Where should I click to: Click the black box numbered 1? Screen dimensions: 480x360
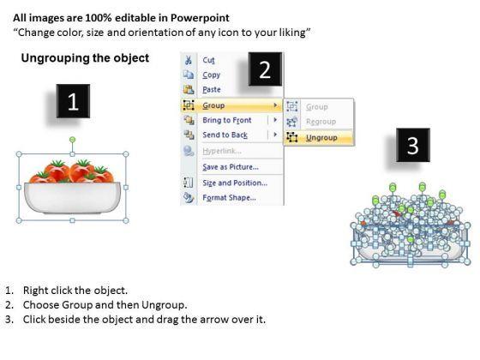click(73, 101)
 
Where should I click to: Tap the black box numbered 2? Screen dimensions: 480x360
click(265, 69)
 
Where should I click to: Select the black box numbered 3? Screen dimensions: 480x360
click(413, 145)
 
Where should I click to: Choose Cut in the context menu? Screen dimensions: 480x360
click(208, 60)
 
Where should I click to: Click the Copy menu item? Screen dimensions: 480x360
click(211, 75)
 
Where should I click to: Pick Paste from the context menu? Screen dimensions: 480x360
click(212, 90)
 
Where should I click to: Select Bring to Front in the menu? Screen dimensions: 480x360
click(227, 120)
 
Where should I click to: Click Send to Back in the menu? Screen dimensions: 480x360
click(225, 135)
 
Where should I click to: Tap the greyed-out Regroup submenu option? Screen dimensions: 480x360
click(321, 122)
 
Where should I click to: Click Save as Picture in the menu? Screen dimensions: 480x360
click(231, 167)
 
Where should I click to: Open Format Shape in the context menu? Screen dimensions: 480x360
click(230, 198)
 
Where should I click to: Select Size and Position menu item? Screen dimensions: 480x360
click(235, 183)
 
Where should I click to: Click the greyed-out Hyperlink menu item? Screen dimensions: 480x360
click(222, 151)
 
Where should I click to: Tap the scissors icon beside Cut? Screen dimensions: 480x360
click(189, 60)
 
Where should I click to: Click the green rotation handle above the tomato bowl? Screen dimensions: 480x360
click(72, 140)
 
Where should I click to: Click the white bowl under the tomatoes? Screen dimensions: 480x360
click(72, 197)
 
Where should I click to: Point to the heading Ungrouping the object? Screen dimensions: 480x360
click(85, 58)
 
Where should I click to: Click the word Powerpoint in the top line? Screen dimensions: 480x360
click(200, 18)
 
